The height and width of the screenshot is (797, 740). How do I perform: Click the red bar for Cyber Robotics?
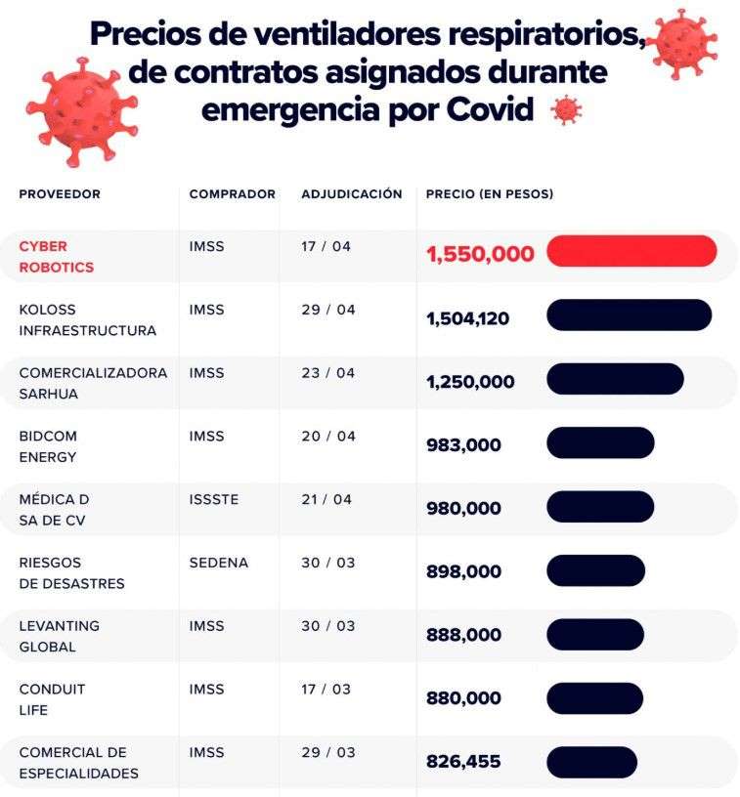(x=631, y=251)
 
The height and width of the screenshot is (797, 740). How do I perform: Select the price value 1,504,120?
(x=467, y=318)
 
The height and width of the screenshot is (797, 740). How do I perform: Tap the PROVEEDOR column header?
(x=60, y=194)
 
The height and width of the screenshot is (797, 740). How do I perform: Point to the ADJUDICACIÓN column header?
(x=351, y=194)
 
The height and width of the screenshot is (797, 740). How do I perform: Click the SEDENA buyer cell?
(x=218, y=563)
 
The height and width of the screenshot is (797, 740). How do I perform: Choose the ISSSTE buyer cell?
(x=213, y=499)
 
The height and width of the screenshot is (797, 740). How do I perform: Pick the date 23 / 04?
(x=327, y=373)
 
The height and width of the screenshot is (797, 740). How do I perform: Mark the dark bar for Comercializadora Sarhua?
(x=614, y=378)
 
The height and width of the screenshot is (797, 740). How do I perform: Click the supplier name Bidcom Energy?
(x=48, y=446)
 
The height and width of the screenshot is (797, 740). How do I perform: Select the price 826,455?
(x=463, y=762)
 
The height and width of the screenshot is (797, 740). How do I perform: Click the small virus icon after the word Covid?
(x=566, y=110)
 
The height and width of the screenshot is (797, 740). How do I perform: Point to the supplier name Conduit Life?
(x=52, y=699)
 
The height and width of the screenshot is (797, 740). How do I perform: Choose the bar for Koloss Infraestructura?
(x=629, y=315)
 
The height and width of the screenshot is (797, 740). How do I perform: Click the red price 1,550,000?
(x=480, y=255)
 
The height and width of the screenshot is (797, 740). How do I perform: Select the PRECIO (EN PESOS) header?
(x=489, y=194)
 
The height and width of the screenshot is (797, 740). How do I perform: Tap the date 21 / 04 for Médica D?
(x=327, y=499)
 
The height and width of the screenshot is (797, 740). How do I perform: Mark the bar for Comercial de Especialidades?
(x=591, y=762)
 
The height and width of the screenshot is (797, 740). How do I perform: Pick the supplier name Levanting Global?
(x=59, y=636)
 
